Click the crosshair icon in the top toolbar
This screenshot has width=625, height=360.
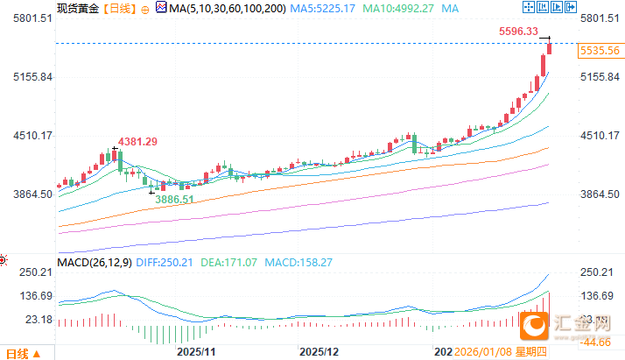[x=528, y=8]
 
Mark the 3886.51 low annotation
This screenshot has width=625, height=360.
[x=175, y=200]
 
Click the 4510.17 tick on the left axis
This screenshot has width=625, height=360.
[x=27, y=136]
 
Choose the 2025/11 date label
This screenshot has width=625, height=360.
[x=195, y=351]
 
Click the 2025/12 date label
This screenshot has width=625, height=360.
[x=319, y=351]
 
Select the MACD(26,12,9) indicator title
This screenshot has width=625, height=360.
[x=95, y=262]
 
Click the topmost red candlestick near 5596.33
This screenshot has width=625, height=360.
[x=550, y=48]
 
